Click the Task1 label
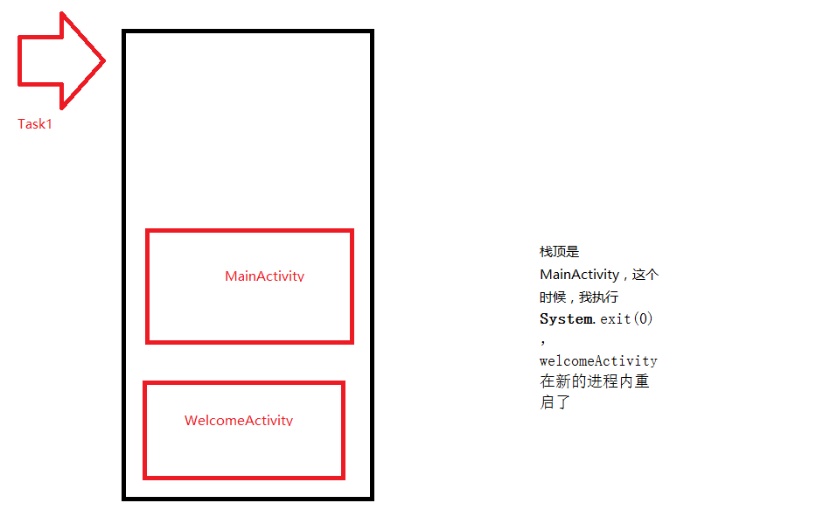pyautogui.click(x=35, y=124)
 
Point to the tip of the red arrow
pyautogui.click(x=103, y=61)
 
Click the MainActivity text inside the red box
pyautogui.click(x=264, y=276)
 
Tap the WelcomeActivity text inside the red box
pyautogui.click(x=238, y=421)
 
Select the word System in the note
pyautogui.click(x=566, y=319)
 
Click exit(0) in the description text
pyautogui.click(x=626, y=319)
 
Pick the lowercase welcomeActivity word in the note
pyautogui.click(x=598, y=360)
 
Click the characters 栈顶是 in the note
pyautogui.click(x=560, y=253)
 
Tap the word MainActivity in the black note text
pyautogui.click(x=579, y=275)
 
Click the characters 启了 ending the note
pyautogui.click(x=554, y=403)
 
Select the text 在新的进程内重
pyautogui.click(x=595, y=382)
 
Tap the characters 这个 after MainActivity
pyautogui.click(x=645, y=275)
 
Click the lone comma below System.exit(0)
pyautogui.click(x=543, y=341)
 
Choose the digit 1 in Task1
pyautogui.click(x=49, y=124)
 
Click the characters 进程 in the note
pyautogui.click(x=603, y=382)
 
